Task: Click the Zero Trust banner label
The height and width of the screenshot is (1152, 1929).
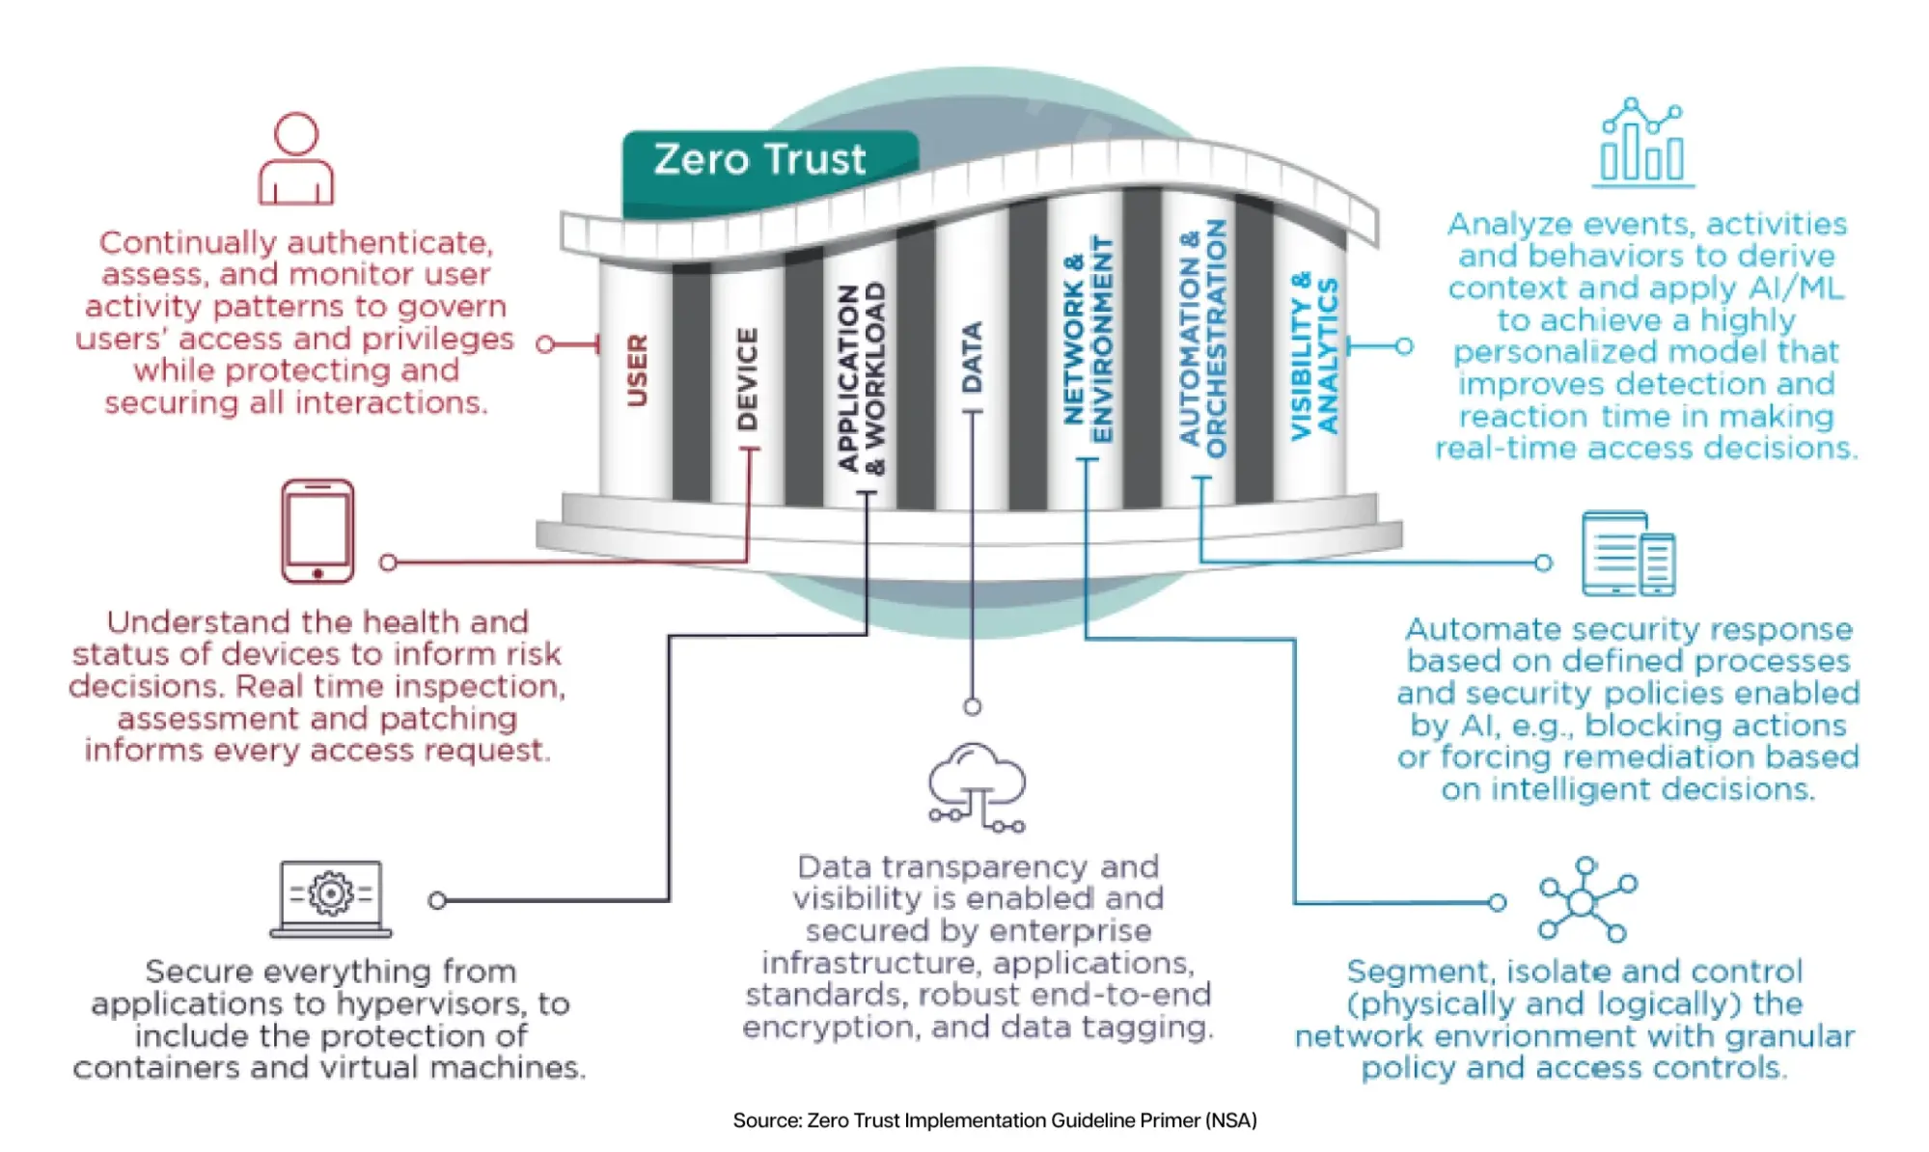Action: (x=759, y=159)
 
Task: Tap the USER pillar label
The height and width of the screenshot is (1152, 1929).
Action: (x=637, y=370)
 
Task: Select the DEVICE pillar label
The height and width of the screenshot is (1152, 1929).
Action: (x=747, y=378)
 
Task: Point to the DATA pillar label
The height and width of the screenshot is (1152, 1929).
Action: (x=972, y=357)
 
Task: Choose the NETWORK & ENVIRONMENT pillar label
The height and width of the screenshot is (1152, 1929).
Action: (x=1088, y=340)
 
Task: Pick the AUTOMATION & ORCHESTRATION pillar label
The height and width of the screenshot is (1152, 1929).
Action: (x=1202, y=338)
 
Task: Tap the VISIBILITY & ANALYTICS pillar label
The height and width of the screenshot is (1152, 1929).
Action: (x=1314, y=356)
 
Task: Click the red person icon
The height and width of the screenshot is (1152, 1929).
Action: (x=295, y=158)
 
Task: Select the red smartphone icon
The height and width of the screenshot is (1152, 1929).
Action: (x=317, y=531)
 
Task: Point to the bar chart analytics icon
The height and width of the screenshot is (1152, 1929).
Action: (x=1643, y=142)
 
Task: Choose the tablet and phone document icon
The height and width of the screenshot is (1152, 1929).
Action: (x=1629, y=554)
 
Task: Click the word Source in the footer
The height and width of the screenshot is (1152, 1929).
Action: (x=766, y=1120)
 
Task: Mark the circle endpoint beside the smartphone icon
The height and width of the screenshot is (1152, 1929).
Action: (x=388, y=562)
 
